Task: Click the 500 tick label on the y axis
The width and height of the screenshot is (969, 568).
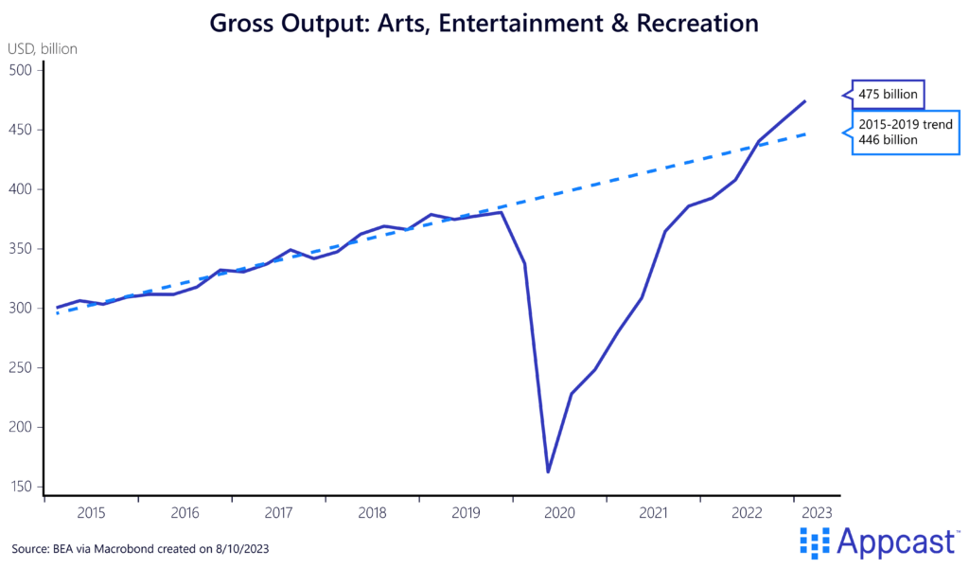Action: (21, 70)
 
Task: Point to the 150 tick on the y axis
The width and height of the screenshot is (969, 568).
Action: (21, 488)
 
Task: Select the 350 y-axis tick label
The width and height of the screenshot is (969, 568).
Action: (21, 249)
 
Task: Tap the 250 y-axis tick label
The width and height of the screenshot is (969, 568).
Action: (21, 368)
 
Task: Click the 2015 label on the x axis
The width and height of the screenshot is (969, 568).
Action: (92, 512)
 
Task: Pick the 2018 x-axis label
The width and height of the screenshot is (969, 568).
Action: (372, 512)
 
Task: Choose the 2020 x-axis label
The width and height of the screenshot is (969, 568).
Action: (559, 512)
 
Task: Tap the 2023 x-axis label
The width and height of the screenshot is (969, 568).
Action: (817, 512)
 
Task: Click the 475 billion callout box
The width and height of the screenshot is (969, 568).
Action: (889, 95)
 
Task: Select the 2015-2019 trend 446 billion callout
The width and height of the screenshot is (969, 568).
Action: (905, 132)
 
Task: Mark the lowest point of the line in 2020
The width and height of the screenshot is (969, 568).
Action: (548, 471)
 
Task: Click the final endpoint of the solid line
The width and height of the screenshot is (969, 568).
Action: (805, 101)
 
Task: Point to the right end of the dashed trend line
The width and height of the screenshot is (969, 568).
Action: (805, 134)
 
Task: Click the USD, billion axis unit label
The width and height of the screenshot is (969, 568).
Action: (44, 47)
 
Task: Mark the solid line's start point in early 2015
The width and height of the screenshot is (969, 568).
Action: (57, 308)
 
